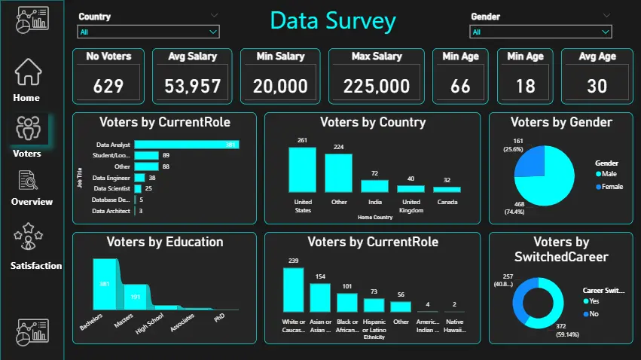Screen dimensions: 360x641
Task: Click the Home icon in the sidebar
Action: coord(28,72)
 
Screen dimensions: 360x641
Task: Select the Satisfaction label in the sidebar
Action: coord(35,266)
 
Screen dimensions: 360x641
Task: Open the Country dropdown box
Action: coord(148,32)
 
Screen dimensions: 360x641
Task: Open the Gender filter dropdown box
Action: coord(540,32)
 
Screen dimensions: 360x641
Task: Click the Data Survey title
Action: coord(332,21)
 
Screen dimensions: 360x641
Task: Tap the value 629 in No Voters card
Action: coord(108,86)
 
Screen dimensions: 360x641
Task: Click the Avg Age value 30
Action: coord(597,86)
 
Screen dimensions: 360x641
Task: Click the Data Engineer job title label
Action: coord(112,178)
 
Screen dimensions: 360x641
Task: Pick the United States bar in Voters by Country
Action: coord(302,169)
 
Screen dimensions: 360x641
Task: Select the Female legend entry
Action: coord(611,187)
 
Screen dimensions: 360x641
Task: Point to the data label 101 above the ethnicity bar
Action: coord(347,286)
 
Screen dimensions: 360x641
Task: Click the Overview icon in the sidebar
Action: coord(28,181)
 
